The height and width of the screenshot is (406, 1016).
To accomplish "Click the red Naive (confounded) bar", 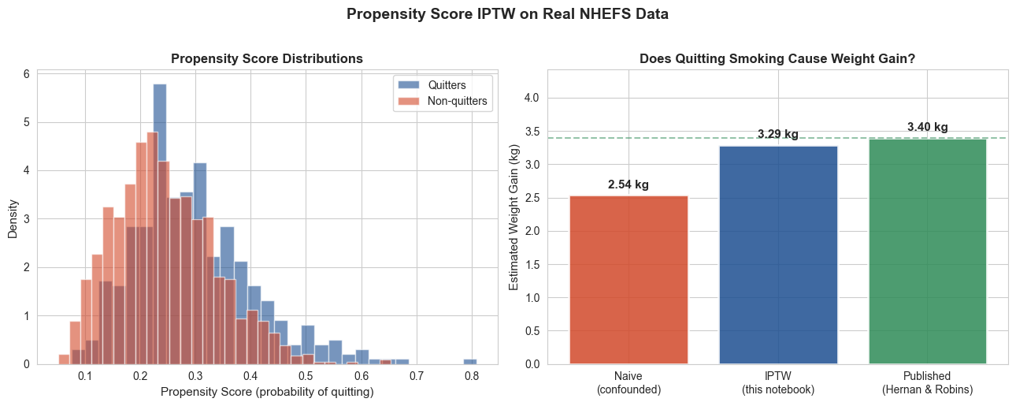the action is click(629, 280).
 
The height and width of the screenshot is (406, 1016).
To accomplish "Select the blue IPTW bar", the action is click(778, 255).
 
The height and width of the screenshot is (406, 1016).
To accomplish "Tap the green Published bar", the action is click(928, 251).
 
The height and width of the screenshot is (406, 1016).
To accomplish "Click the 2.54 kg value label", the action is click(629, 184).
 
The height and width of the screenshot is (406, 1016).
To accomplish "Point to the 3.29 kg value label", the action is click(778, 134).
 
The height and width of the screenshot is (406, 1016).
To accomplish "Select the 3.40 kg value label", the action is click(928, 127).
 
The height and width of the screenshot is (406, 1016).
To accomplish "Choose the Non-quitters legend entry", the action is click(442, 101).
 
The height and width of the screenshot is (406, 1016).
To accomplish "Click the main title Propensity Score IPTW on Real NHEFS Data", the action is click(507, 13).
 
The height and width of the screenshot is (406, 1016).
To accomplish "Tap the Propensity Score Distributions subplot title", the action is click(267, 58).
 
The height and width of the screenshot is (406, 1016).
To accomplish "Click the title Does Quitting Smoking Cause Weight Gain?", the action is click(777, 58).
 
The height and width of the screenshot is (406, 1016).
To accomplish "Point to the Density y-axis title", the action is click(13, 219).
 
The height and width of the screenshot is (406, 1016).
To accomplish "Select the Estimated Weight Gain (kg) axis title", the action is click(514, 218).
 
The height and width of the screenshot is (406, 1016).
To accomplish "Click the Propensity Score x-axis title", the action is click(267, 392).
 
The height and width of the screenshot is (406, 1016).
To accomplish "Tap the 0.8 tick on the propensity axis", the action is click(472, 376).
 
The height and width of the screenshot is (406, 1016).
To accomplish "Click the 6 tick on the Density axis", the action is click(27, 74).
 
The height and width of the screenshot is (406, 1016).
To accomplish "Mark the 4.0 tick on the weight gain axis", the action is click(532, 98).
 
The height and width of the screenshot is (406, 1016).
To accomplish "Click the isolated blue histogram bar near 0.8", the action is click(470, 362).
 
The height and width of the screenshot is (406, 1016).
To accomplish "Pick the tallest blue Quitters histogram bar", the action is click(160, 224).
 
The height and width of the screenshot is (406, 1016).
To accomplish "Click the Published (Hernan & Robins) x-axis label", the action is click(928, 383).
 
